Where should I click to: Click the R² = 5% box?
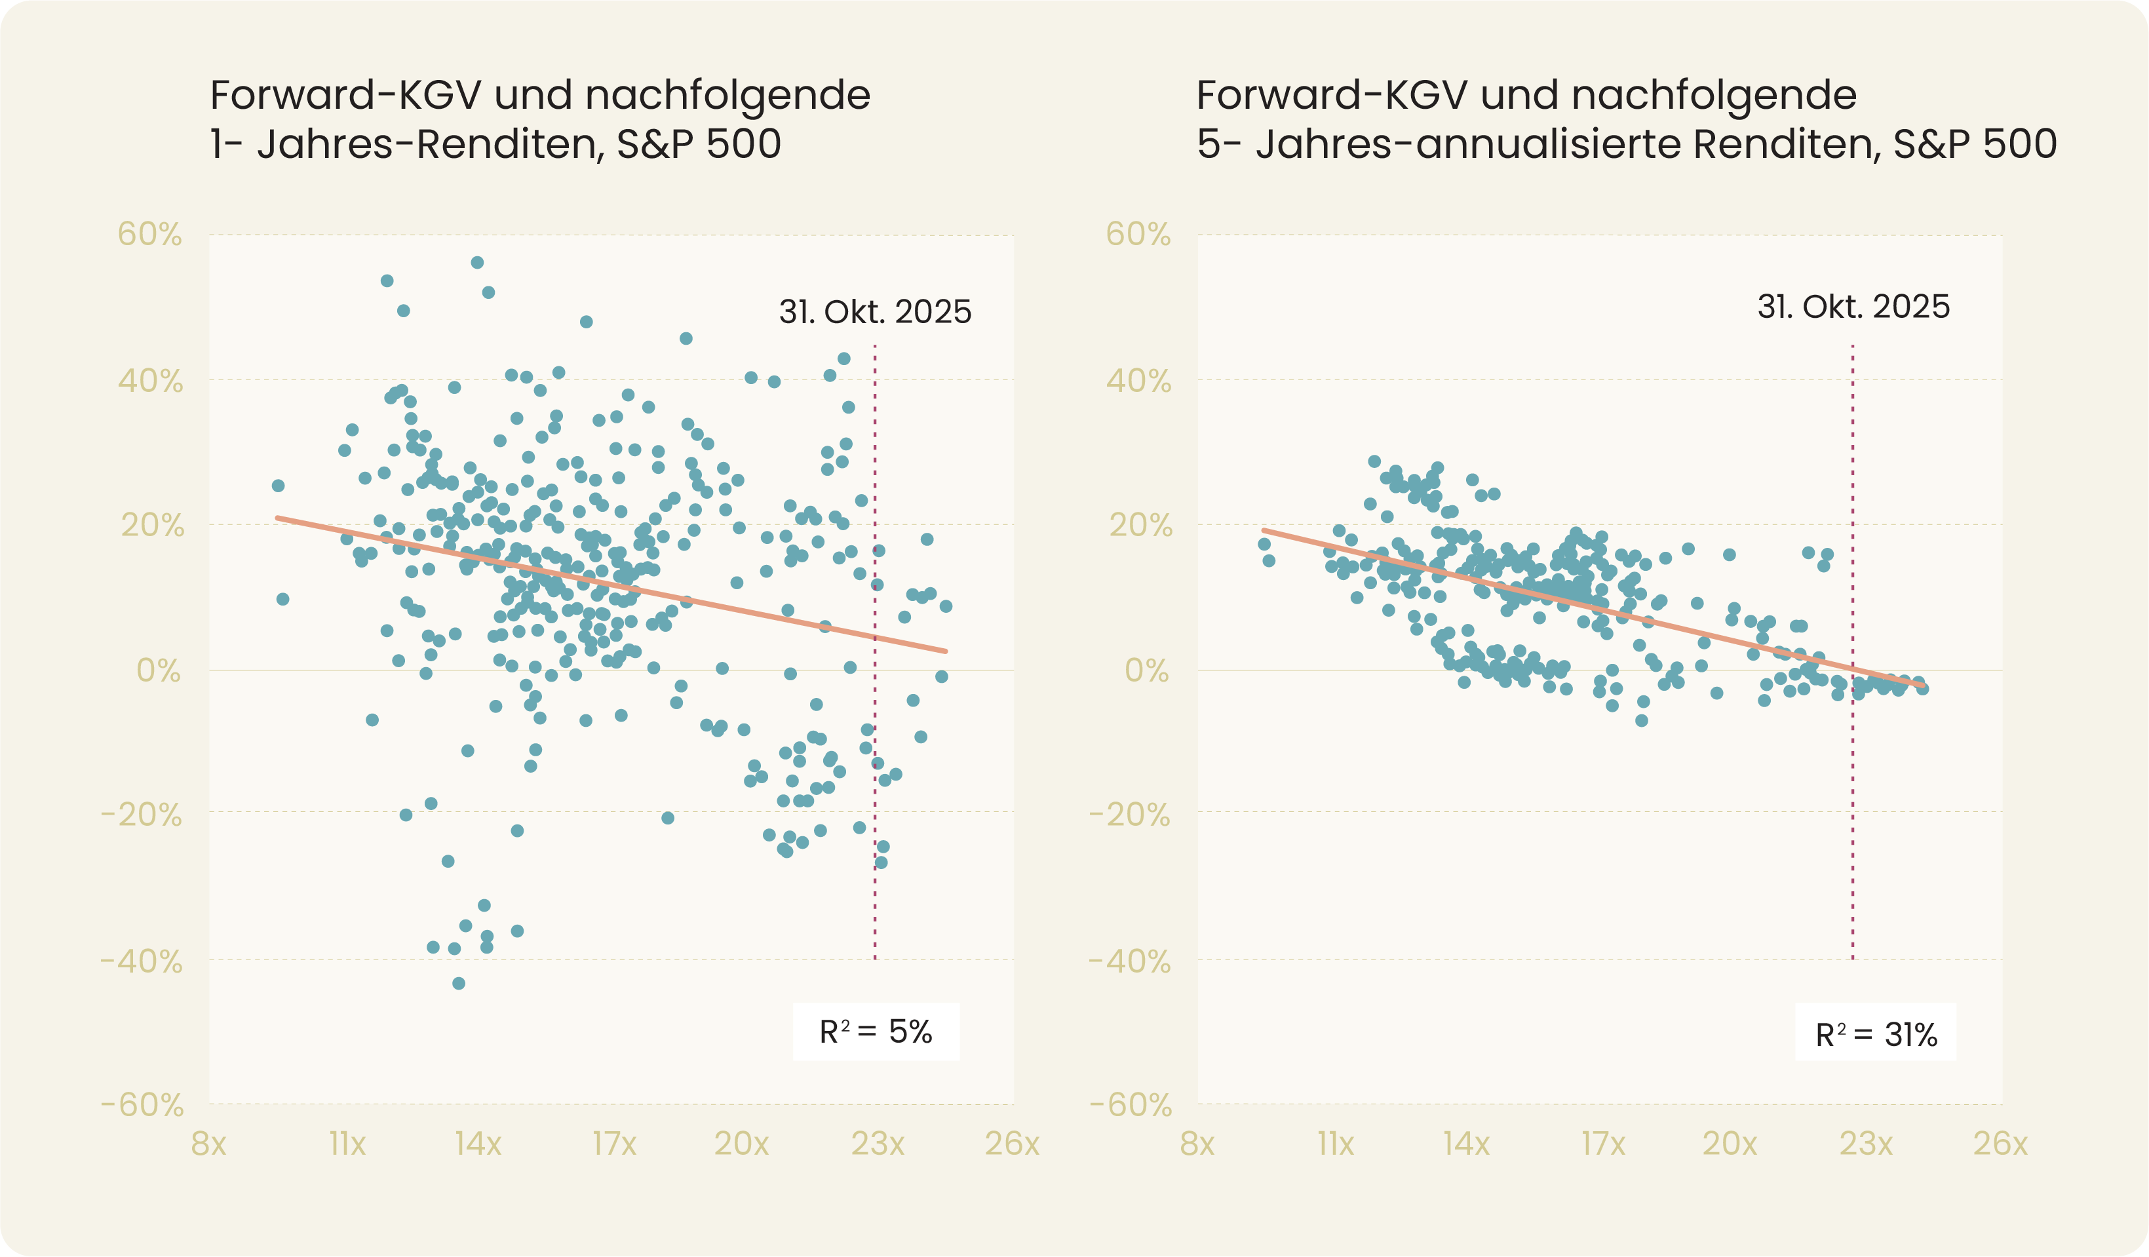(876, 1032)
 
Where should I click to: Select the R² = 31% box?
(1875, 1034)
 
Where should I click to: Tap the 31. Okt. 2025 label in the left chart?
(875, 312)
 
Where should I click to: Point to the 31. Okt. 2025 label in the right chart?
(1853, 307)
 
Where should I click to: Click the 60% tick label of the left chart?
(150, 235)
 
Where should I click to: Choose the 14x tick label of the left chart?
(478, 1144)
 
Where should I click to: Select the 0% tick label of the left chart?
(159, 671)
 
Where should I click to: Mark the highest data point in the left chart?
(478, 263)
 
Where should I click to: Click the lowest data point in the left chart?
(459, 983)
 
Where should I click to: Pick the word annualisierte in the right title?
(1549, 144)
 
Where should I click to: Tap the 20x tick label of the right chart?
(1730, 1144)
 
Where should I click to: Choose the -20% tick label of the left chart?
(142, 815)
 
